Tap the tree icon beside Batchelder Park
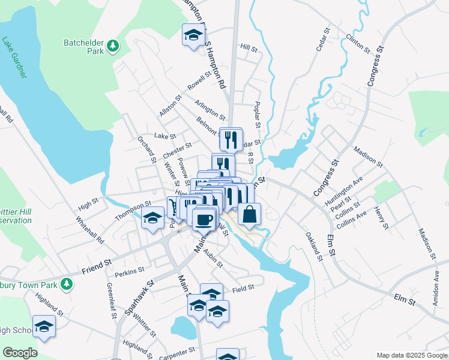pyautogui.click(x=112, y=46)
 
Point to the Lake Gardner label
pyautogui.click(x=14, y=58)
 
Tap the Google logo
pyautogui.click(x=20, y=353)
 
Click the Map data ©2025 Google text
pyautogui.click(x=412, y=355)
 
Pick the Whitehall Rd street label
pyautogui.click(x=91, y=230)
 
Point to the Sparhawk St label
pyautogui.click(x=139, y=297)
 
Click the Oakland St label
pyautogui.click(x=314, y=246)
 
